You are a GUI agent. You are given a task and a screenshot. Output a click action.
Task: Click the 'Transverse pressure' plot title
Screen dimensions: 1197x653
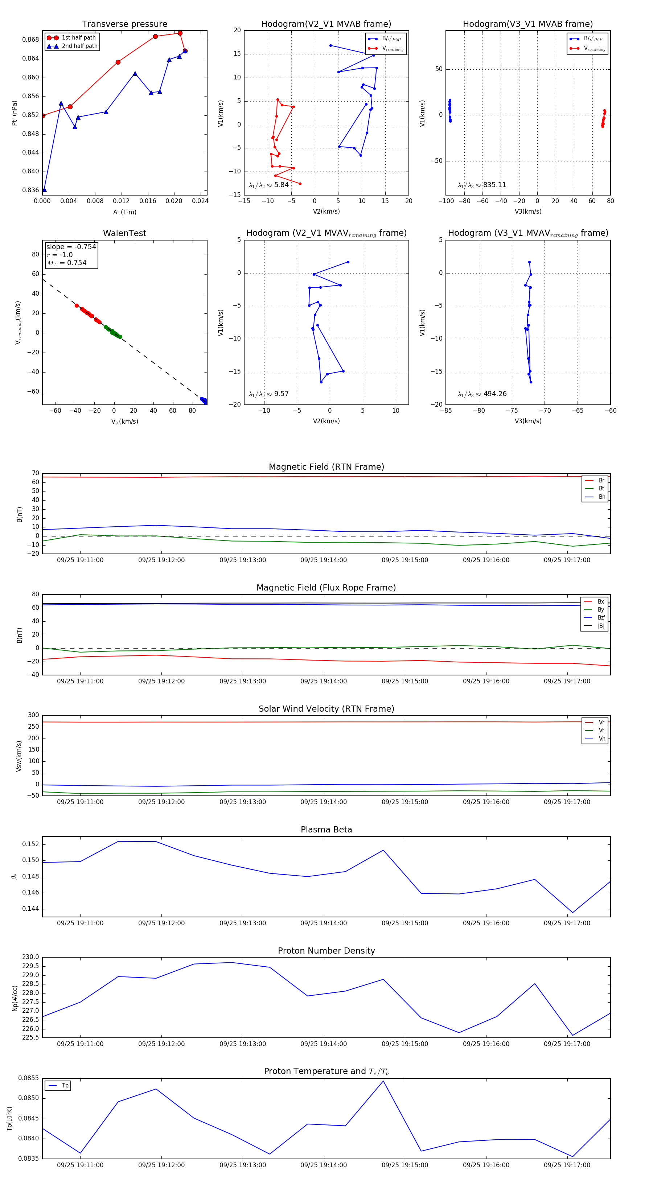pos(124,24)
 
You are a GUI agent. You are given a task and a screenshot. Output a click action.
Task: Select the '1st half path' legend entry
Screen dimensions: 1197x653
pos(79,38)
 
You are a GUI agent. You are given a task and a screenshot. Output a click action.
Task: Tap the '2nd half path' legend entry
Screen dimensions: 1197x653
pos(79,46)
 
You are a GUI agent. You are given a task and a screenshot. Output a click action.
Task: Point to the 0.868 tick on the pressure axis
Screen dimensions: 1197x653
pos(31,40)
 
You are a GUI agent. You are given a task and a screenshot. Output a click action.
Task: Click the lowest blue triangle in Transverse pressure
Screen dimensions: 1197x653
pos(44,190)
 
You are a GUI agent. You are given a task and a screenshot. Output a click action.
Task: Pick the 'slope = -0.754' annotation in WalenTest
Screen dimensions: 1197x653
pos(71,247)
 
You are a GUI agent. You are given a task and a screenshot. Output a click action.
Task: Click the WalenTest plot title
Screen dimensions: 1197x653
pos(124,233)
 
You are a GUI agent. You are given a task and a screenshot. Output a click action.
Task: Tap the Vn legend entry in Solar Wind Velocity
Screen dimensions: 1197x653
pos(601,739)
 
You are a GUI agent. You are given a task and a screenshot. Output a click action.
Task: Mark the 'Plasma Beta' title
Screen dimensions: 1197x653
pos(326,830)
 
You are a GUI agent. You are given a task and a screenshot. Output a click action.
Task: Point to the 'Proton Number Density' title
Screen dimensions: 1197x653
pos(326,951)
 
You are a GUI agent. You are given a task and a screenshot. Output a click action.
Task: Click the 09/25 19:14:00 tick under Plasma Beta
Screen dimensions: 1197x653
pos(324,923)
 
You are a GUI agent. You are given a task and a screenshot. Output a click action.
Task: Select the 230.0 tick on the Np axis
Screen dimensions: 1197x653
pos(31,957)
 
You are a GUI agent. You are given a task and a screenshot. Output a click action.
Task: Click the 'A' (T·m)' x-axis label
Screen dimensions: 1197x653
pos(124,212)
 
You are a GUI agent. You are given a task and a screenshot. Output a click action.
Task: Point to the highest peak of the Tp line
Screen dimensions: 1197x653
pos(383,1081)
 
